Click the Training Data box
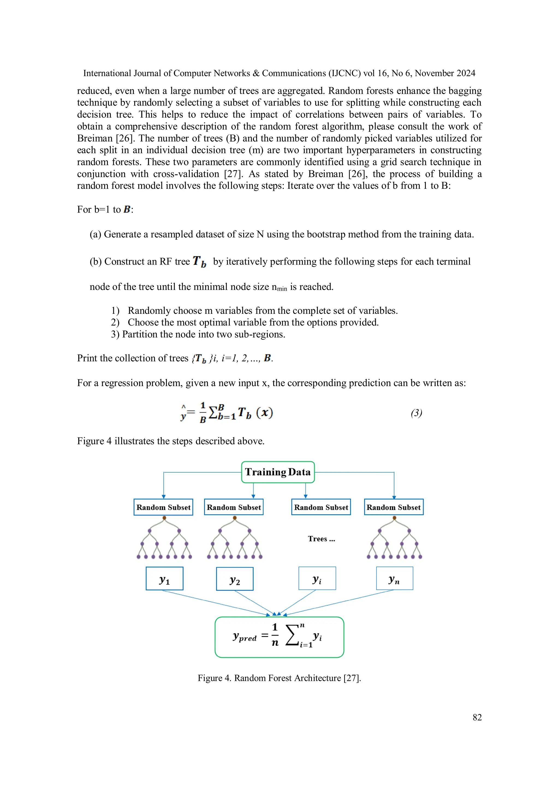278,472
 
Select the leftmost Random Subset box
163,507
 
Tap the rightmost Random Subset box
394,507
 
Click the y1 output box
164,578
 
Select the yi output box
317,578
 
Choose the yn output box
394,578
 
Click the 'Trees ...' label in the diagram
321,539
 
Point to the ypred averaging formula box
279,637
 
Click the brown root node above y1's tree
164,518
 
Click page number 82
477,717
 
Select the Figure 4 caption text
279,678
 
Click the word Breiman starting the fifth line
95,138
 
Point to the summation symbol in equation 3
213,412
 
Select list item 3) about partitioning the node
198,334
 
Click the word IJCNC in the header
344,73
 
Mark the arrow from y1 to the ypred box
215,603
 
